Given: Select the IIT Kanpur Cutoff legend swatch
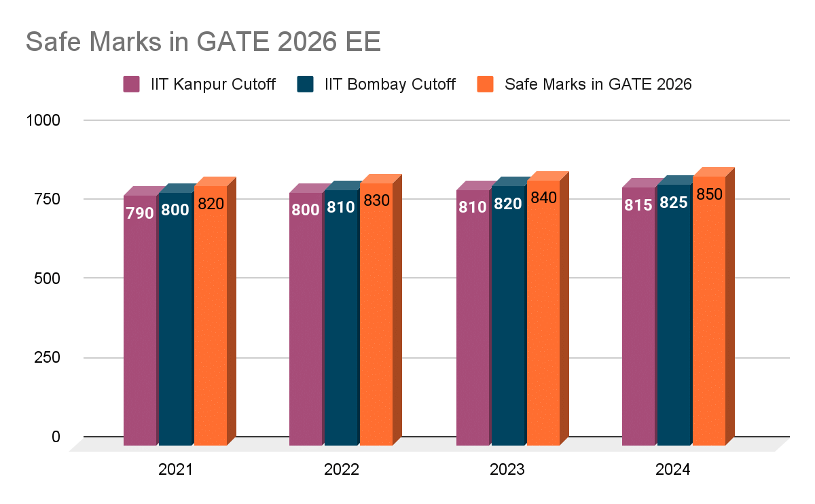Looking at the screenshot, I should point(131,84).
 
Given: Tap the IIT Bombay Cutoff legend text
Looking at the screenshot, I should point(390,84).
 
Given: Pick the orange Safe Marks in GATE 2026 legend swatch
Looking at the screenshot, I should point(484,84).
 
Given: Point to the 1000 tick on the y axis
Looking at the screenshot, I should point(43,120).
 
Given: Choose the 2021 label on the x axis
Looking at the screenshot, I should point(175,470).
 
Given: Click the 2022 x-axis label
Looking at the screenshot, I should point(341,470).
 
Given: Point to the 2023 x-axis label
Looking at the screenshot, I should point(507,470).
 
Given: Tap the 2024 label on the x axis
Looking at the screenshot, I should point(673,470).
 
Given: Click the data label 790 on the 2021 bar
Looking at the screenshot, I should point(139,213).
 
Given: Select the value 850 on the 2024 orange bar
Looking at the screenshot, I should point(709,194).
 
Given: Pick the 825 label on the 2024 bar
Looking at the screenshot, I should point(673,202).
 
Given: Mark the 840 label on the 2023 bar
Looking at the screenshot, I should point(543,198).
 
